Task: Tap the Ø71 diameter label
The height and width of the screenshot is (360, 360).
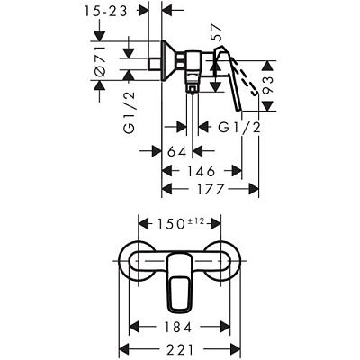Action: click(101, 60)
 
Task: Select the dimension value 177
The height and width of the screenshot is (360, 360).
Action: click(211, 189)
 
